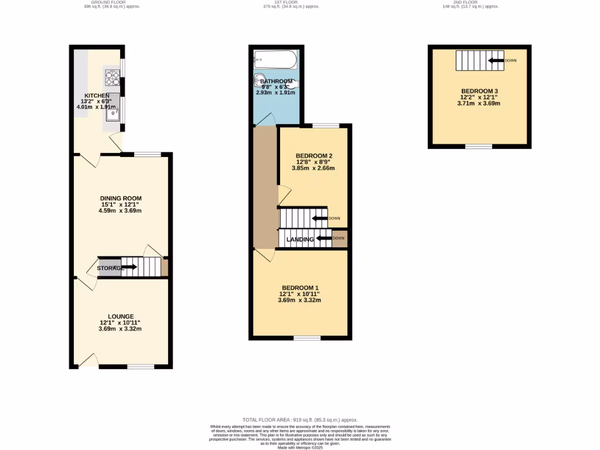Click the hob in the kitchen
coord(111,74)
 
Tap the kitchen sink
coord(112,112)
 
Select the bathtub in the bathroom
coord(275,59)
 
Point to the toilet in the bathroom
coord(260,81)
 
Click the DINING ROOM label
coord(120,198)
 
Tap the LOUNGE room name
coord(120,316)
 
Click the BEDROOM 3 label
coord(479,91)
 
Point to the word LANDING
coord(300,239)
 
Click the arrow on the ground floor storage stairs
coord(129,267)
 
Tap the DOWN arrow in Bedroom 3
coord(496,60)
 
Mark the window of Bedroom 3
coord(479,146)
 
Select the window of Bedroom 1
coord(307,338)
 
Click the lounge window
coord(141,367)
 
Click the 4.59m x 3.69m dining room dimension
coord(120,211)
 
